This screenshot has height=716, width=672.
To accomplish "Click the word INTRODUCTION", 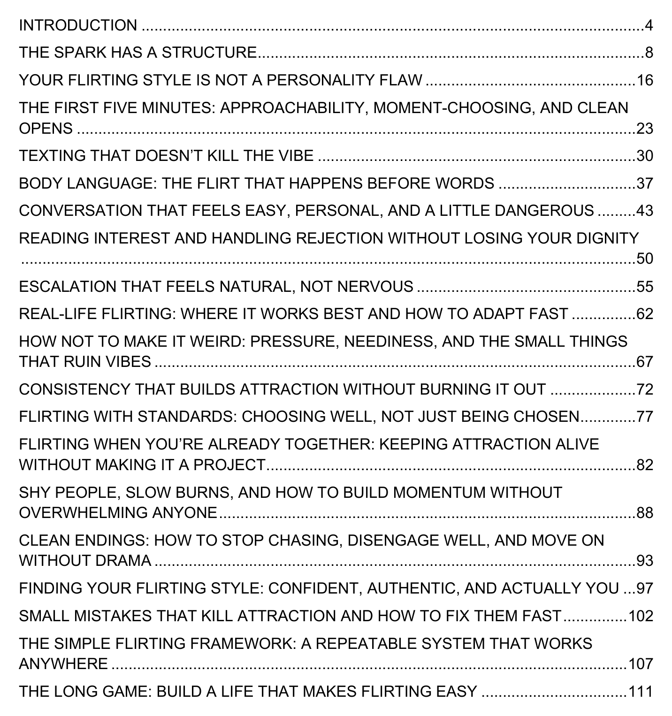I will pos(78,25).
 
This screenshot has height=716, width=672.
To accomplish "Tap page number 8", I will pos(649,53).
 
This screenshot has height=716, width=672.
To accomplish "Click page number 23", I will pos(644,128).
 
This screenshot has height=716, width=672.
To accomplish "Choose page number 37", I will pos(644,183).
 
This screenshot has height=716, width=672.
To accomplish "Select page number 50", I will pos(644,259).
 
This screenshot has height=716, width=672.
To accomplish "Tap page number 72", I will pos(644,389).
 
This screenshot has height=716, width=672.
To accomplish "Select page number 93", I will pos(644,561).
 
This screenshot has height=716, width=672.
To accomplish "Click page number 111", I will pos(641,692).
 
